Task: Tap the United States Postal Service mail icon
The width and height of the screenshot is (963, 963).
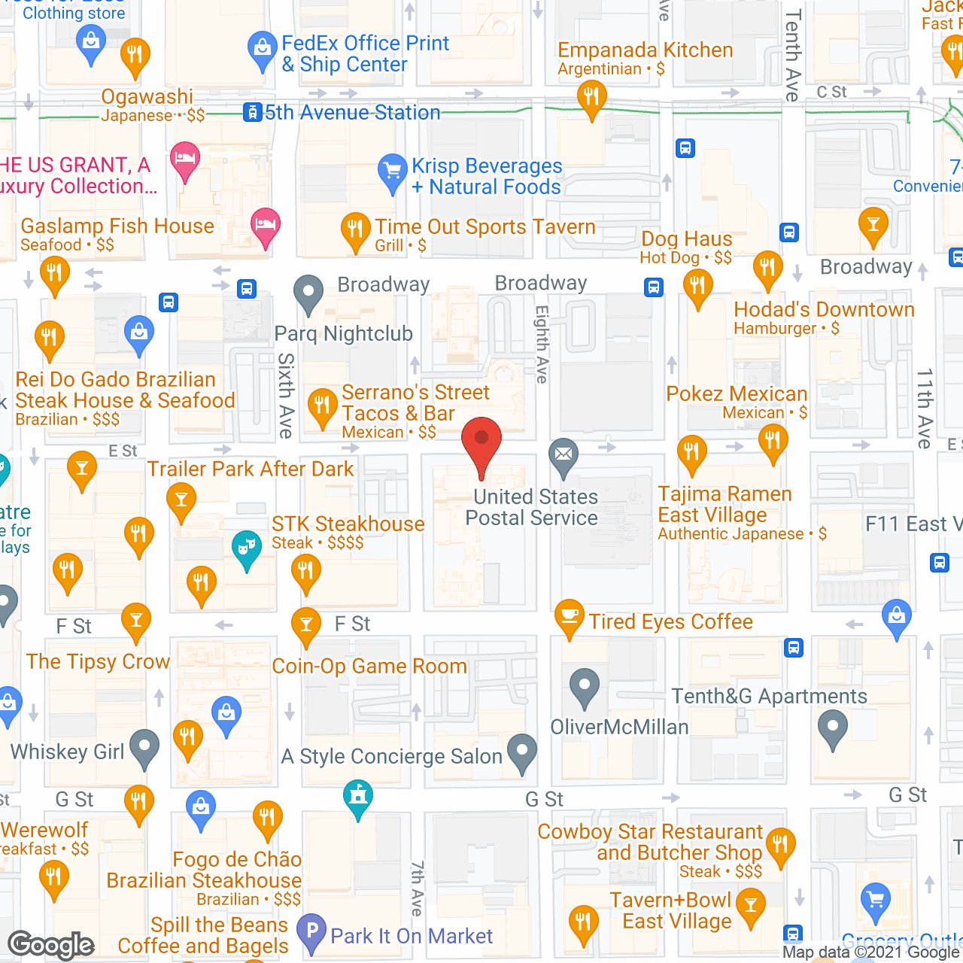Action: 563,454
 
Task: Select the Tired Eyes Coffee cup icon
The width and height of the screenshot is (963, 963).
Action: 570,616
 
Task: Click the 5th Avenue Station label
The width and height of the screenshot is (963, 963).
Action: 352,113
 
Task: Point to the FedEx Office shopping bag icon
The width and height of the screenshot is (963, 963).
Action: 262,48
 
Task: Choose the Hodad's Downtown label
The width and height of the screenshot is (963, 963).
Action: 824,309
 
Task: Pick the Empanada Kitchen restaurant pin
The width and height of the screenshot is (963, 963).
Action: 591,97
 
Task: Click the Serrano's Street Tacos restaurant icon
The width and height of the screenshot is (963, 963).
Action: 322,406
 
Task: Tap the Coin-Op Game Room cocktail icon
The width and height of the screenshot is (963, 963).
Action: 305,624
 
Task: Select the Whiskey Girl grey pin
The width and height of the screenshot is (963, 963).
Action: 144,746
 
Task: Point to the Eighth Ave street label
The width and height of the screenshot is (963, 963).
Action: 542,344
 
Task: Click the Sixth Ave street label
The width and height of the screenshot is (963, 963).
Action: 286,395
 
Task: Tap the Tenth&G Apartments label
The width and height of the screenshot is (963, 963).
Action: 769,697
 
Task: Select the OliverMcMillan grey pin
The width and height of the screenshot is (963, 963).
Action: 584,685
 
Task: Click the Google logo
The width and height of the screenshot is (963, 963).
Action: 51,945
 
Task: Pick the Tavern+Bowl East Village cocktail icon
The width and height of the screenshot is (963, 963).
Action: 750,905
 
